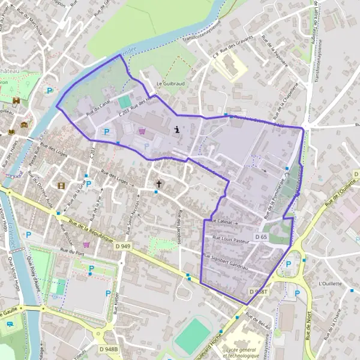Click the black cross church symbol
(x=159, y=184)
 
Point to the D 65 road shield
(x=260, y=237)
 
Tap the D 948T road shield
(x=259, y=291)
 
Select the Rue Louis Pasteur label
(x=227, y=238)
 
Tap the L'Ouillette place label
(x=330, y=283)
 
